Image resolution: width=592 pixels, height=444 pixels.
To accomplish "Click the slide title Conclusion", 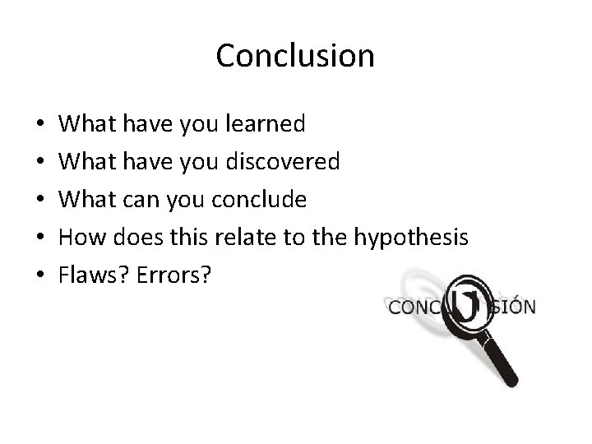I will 295,56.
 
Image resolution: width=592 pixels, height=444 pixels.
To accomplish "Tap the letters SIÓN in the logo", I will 515,308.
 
